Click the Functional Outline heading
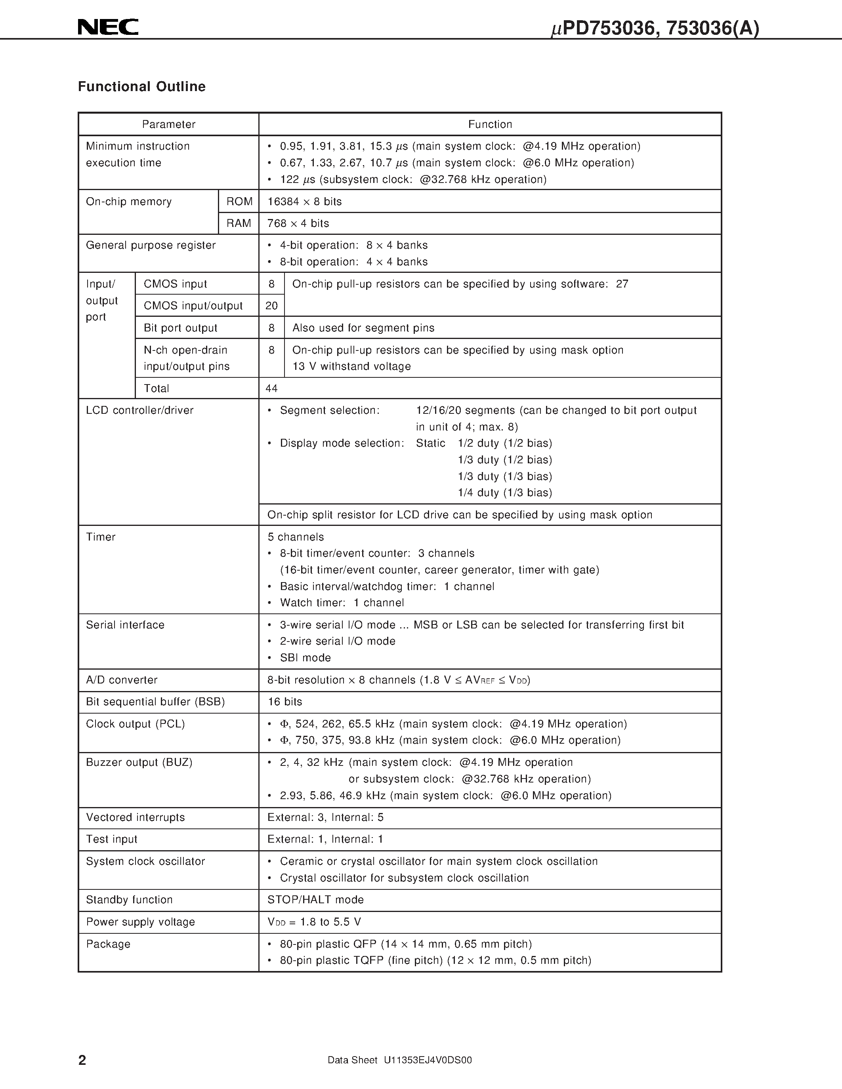142,87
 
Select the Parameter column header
169,124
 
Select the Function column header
490,124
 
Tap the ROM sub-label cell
239,202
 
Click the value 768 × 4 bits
298,223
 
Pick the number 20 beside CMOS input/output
271,306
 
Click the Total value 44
271,388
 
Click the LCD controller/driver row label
139,410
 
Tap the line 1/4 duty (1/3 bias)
505,493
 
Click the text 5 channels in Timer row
296,537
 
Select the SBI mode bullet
305,658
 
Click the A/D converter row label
122,680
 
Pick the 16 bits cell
285,702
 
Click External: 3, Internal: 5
325,817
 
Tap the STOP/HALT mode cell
315,900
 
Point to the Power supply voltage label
140,922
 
